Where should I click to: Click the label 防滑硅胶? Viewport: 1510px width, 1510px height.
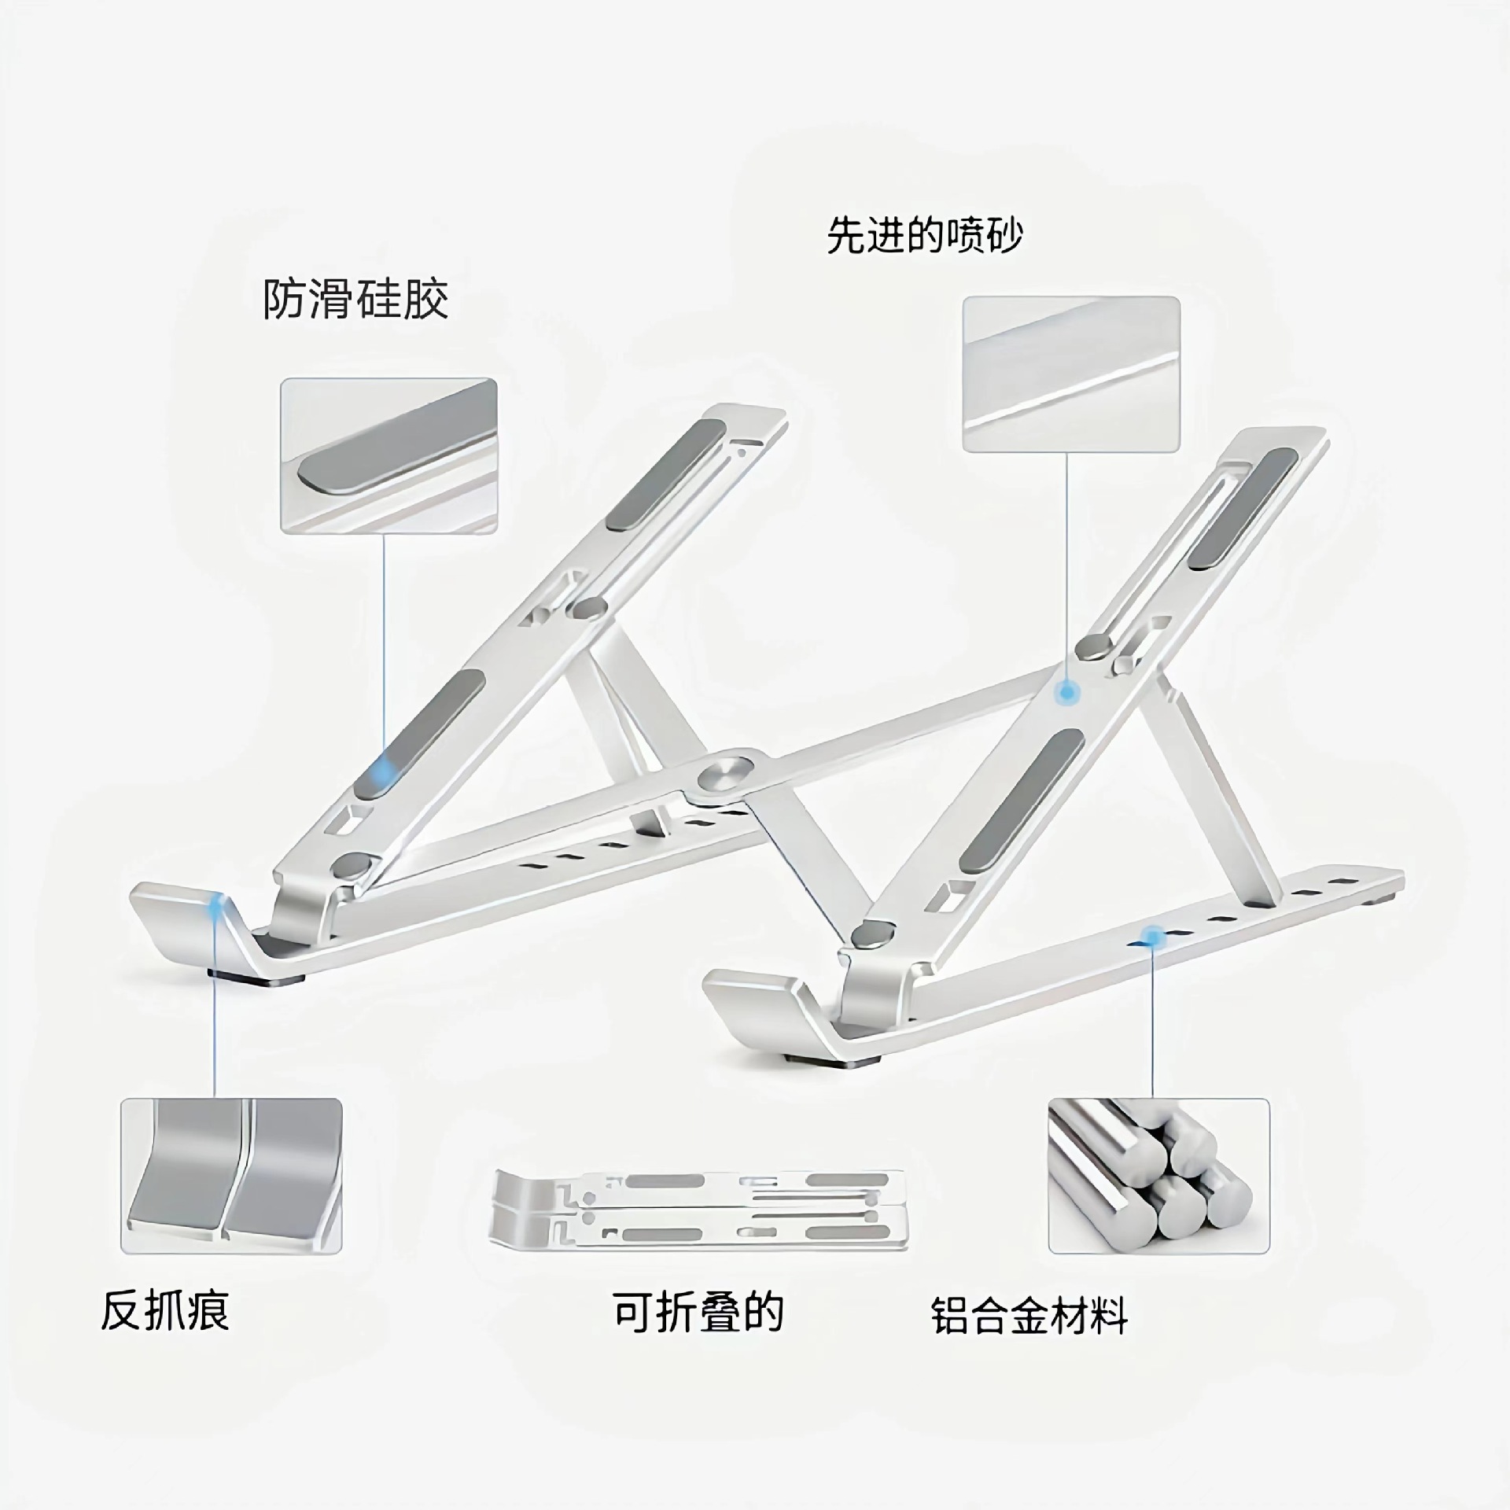click(x=355, y=300)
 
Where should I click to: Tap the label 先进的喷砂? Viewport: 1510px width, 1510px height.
click(x=924, y=235)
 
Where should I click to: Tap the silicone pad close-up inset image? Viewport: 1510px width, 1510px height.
click(x=389, y=456)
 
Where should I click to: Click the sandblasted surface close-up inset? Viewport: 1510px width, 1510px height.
click(x=1071, y=374)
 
